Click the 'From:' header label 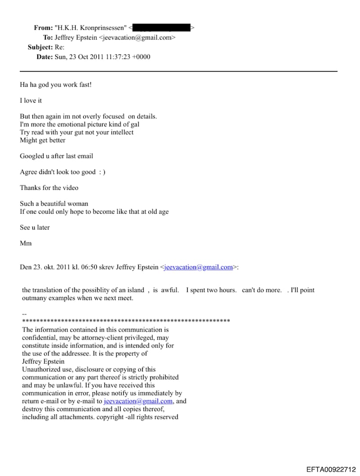43,28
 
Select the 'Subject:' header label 40,47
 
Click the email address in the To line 137,38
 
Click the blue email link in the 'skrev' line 198,267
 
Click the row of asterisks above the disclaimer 126,321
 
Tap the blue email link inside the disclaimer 138,401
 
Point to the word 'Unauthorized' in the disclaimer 41,369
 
